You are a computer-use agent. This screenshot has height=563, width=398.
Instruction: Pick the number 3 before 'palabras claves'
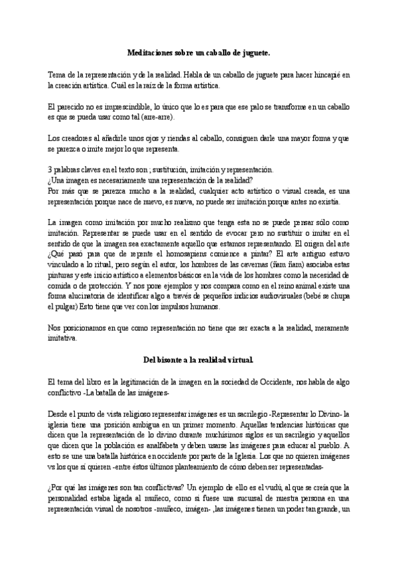click(50, 170)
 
